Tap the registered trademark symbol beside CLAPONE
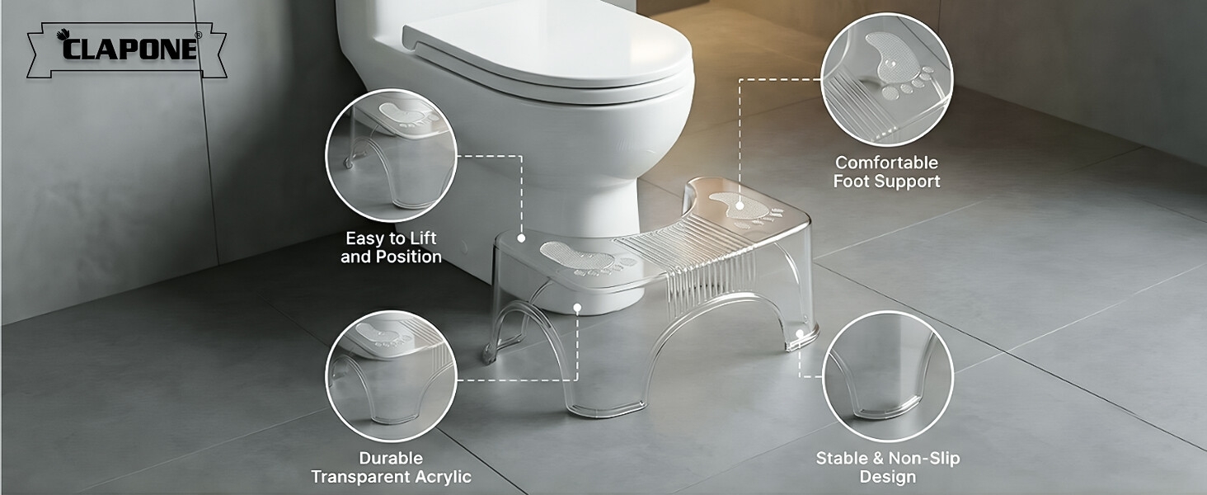point(198,35)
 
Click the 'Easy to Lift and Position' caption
point(391,247)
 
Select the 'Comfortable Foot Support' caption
point(886,172)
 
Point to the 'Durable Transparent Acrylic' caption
point(391,468)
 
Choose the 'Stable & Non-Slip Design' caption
point(888,468)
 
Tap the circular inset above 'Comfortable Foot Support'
point(887,80)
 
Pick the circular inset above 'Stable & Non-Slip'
point(888,376)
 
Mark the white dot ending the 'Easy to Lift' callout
point(522,238)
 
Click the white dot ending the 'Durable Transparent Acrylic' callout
point(578,309)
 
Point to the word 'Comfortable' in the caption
point(886,163)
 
